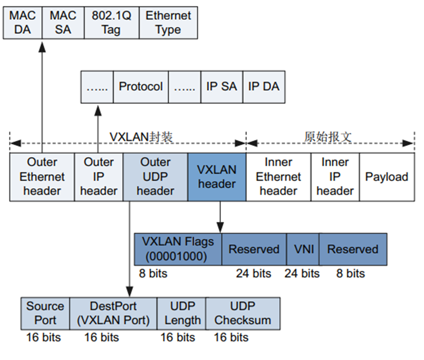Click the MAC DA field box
(22, 22)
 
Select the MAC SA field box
(63, 22)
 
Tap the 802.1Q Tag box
(111, 22)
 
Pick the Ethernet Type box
(168, 22)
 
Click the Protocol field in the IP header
(140, 86)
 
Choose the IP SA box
(222, 86)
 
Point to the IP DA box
(263, 86)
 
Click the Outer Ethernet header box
(42, 177)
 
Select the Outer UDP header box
(156, 177)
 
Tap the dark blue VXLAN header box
(217, 177)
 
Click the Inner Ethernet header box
(278, 177)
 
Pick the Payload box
(386, 177)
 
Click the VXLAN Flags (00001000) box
(178, 249)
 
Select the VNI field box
(303, 249)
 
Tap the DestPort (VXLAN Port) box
(113, 313)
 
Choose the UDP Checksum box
(243, 313)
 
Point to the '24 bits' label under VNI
(302, 273)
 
